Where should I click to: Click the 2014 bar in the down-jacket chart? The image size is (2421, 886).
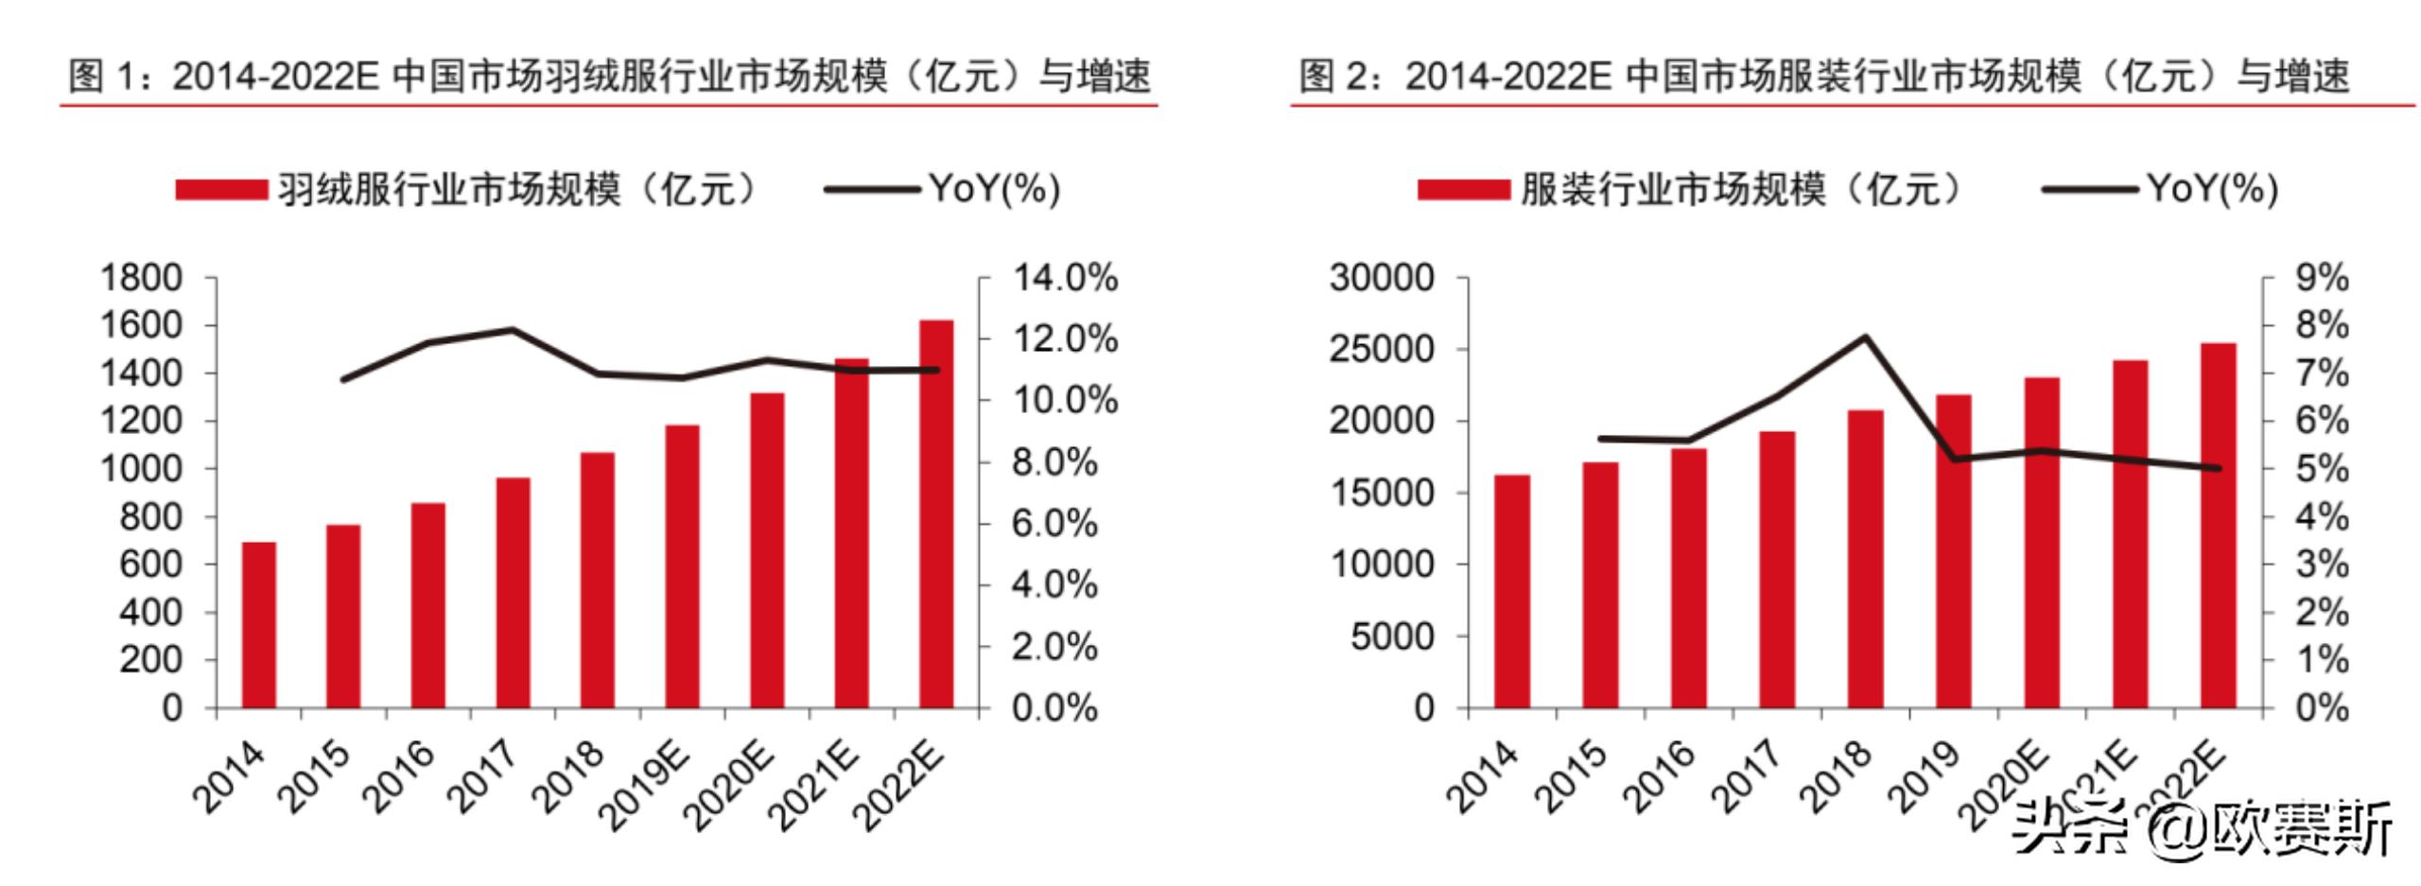click(x=258, y=625)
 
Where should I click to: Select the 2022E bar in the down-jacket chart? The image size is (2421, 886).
click(x=936, y=514)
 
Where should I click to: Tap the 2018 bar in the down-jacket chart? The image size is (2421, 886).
click(x=598, y=581)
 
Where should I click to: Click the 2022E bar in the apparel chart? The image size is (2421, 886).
click(x=2219, y=526)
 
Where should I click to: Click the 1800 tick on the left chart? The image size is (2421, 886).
click(x=141, y=278)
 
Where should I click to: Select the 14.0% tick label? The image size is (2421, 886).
click(x=1065, y=278)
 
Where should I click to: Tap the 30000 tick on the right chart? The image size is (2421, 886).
click(x=1381, y=278)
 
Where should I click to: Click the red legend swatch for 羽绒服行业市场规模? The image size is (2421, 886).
click(x=221, y=190)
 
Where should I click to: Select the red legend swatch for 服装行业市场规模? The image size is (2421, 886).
click(x=1463, y=190)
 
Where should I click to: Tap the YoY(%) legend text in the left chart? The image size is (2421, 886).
click(x=994, y=189)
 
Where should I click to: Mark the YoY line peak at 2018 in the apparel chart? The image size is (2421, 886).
click(x=1866, y=337)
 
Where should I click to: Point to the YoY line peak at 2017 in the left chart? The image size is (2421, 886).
click(x=513, y=330)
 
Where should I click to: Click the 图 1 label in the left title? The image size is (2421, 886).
click(x=99, y=76)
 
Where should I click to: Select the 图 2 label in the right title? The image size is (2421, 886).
click(x=1332, y=76)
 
